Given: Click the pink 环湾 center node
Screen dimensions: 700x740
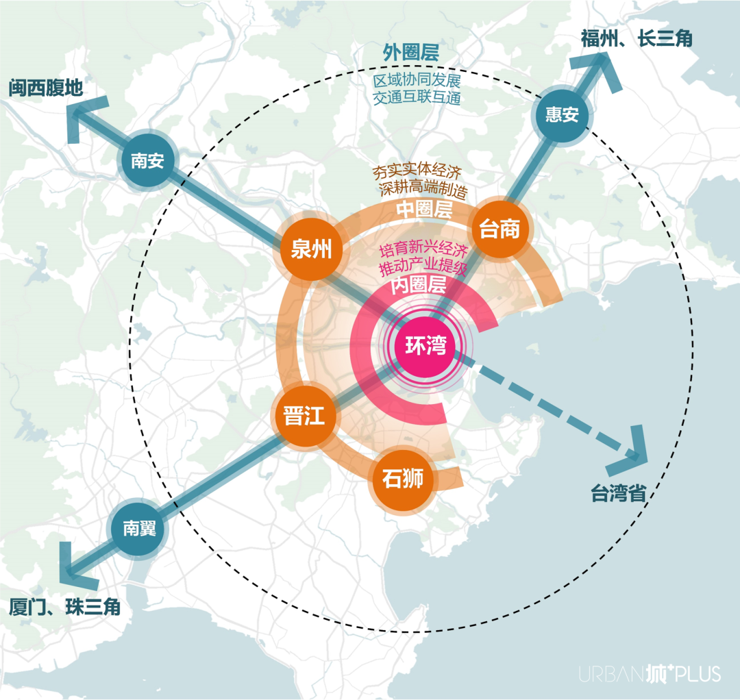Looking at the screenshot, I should point(425,346).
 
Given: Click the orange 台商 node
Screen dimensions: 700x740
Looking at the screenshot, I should point(500,229).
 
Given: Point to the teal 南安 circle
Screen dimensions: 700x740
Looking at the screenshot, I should point(147,161).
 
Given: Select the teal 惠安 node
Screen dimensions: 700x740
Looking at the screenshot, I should point(562,114).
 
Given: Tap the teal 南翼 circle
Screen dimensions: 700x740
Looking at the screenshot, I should point(139,528).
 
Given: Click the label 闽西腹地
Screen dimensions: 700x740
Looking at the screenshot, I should point(46,88).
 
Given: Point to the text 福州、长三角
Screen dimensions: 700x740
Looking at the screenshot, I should point(636,38).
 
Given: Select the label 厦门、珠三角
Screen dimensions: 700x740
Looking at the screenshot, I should point(65,607).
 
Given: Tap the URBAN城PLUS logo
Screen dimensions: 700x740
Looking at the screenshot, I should point(650,674).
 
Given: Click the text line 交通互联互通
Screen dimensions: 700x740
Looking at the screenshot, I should point(417,97).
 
